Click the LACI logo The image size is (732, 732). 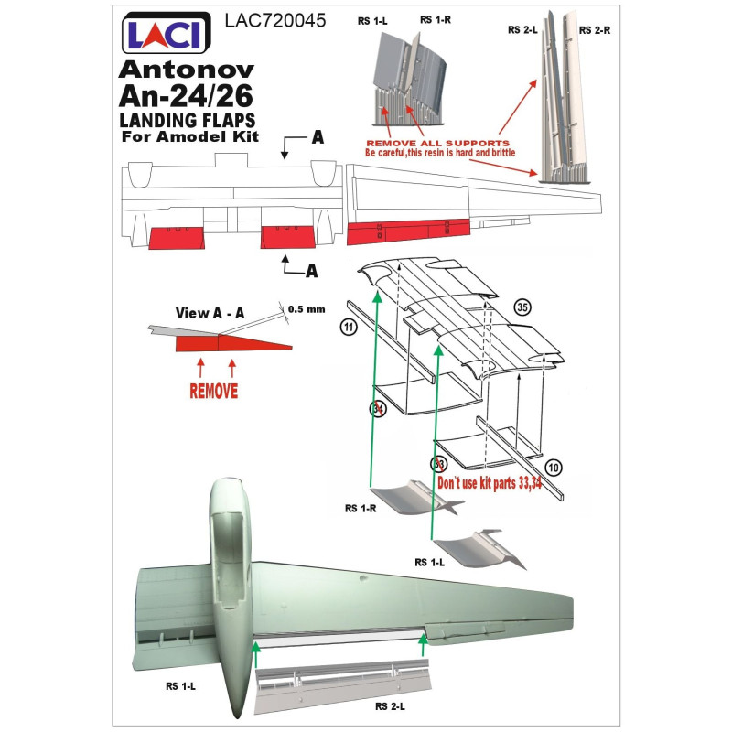coord(167,33)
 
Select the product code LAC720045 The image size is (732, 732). coord(275,20)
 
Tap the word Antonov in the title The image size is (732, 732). coord(187,70)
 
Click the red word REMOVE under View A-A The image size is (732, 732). coord(214,391)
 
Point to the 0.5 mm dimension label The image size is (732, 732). coord(307,309)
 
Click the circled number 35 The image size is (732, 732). coord(522,307)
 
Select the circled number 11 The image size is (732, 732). coord(349,327)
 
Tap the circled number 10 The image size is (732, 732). coord(554,468)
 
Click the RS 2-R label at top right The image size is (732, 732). coord(594,30)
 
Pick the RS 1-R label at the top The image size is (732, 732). coord(436,19)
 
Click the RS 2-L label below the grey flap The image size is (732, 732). coord(390,706)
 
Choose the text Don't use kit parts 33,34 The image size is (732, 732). coord(490,483)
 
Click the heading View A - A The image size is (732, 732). coord(210,313)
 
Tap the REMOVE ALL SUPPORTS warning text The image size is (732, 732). coord(437,143)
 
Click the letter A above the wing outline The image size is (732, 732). coord(318,136)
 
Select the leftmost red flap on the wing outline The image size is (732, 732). coord(177,238)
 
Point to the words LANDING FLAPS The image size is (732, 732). coord(188,120)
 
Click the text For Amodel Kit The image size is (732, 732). coord(190,136)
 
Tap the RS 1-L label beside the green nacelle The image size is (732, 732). coord(180,685)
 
